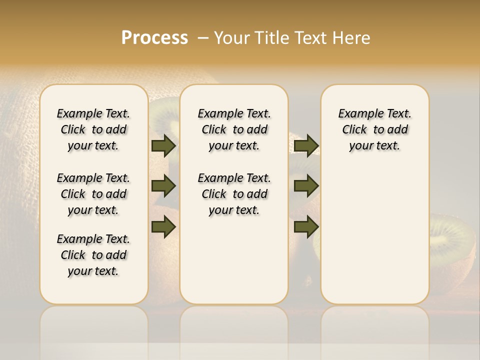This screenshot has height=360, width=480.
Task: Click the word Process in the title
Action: tap(154, 37)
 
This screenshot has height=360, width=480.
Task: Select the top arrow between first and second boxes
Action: tap(163, 145)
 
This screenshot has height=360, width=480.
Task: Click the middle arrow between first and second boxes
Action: tap(163, 186)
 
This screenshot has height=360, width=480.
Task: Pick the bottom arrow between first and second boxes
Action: tap(163, 226)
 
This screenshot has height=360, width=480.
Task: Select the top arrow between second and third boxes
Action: tap(306, 145)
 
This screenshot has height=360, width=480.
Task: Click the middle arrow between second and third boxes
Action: tap(306, 186)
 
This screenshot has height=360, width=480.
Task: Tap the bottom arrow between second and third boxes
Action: tap(306, 226)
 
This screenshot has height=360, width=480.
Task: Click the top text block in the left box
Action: tap(93, 129)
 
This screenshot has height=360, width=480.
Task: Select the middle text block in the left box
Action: tap(93, 194)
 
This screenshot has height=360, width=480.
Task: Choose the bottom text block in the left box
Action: tap(93, 255)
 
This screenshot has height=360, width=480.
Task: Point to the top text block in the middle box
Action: tap(234, 129)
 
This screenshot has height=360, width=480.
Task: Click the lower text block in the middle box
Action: tap(234, 194)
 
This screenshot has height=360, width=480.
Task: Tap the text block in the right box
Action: tap(374, 129)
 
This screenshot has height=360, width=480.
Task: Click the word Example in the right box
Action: tap(357, 113)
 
